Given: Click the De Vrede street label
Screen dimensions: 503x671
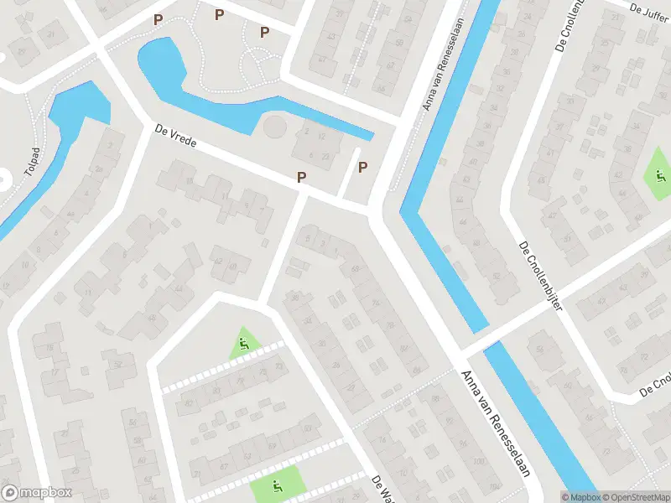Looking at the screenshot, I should (175, 137).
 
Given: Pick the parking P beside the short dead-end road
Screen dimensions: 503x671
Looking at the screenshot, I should (362, 167).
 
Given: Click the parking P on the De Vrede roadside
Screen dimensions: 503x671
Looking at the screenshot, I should (300, 177).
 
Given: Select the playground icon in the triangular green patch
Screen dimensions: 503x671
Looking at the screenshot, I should (243, 343).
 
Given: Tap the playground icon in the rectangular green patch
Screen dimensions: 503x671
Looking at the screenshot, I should (276, 485).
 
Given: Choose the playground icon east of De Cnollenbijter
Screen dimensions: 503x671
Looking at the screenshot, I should (659, 176).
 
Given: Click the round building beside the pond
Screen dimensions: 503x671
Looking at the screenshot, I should (274, 128).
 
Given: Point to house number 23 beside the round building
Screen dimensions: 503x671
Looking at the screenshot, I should (325, 157).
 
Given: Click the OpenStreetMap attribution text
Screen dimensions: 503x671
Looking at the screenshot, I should (631, 497).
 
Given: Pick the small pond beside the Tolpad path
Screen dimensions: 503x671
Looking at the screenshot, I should (80, 105).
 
